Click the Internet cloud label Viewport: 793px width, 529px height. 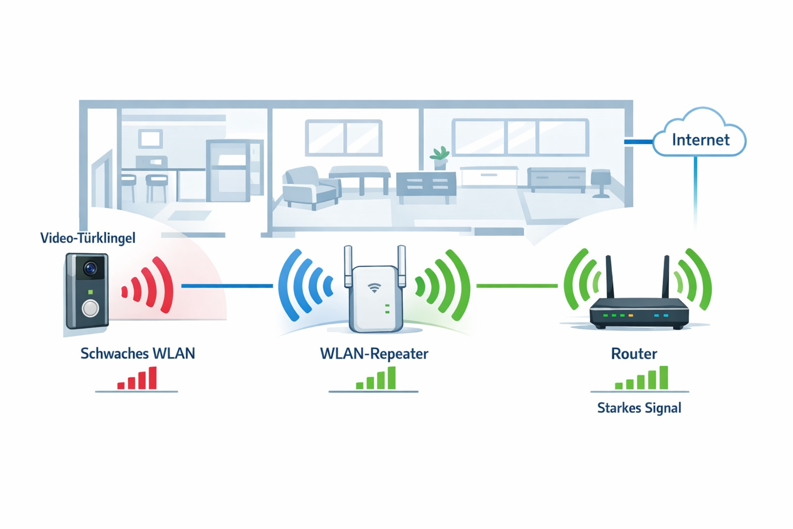point(700,139)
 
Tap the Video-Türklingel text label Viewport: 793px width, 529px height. point(88,238)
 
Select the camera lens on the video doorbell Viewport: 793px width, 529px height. point(91,269)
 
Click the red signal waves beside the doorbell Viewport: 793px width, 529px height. point(150,286)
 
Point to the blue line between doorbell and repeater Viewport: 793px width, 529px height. point(227,286)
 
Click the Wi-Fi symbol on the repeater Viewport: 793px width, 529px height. point(374,288)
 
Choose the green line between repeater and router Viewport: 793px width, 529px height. point(516,286)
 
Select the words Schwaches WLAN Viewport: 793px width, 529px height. point(138,354)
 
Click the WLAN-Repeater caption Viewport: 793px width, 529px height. point(374,354)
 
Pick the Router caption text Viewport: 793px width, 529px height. point(634,354)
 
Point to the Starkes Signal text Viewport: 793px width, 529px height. point(639,408)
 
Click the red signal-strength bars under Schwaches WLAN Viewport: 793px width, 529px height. point(137,379)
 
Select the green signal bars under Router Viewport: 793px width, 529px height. point(642,379)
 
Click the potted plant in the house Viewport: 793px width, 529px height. point(439,158)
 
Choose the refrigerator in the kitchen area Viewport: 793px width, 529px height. point(228,170)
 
